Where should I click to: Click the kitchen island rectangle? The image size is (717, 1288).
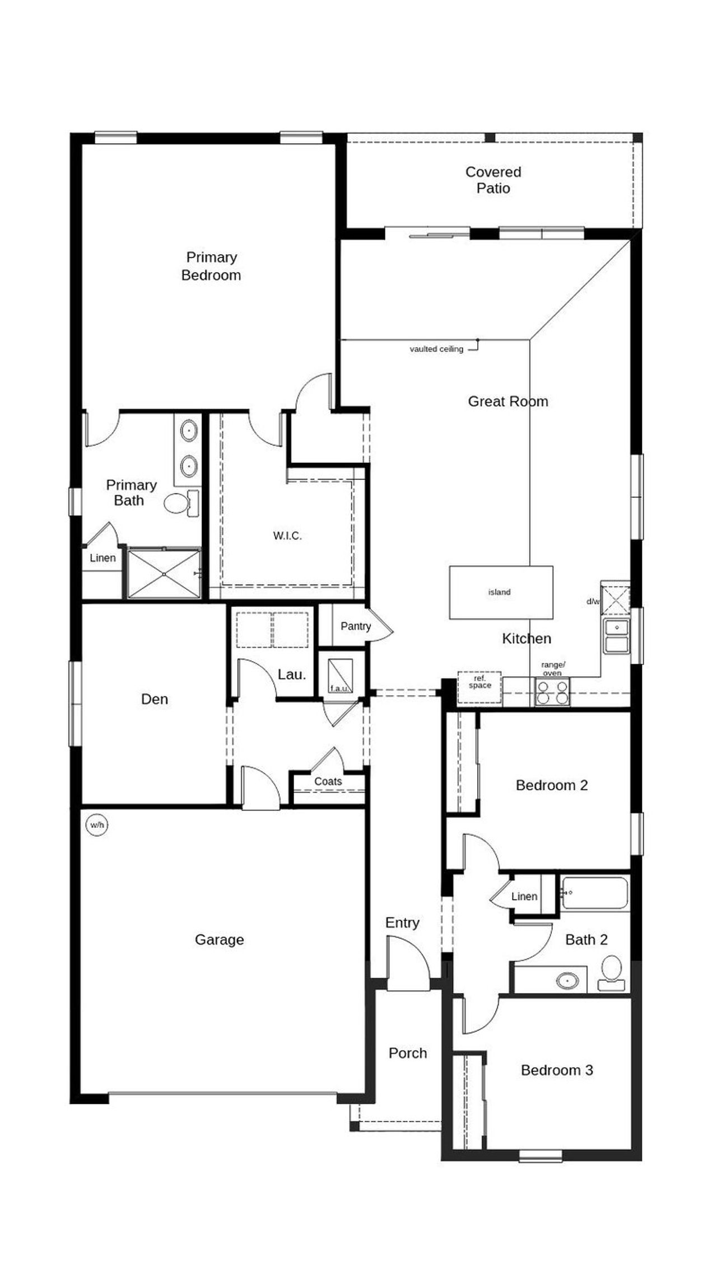click(501, 592)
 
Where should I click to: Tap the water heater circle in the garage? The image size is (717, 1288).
click(96, 825)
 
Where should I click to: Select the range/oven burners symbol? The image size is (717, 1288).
click(552, 691)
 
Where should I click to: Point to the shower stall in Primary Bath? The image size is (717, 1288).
click(164, 574)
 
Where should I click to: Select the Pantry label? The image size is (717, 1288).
click(355, 626)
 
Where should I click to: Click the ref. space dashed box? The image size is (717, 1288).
click(479, 686)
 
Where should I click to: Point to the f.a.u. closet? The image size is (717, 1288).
click(340, 676)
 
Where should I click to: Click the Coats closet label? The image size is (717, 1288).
click(328, 781)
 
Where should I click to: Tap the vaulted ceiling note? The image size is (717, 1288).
click(436, 349)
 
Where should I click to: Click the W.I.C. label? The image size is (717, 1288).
click(287, 536)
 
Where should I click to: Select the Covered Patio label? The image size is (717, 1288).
click(493, 180)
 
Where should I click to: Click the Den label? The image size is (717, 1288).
click(154, 699)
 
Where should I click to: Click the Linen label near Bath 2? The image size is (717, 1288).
click(524, 896)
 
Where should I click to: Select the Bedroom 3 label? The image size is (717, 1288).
click(556, 1070)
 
